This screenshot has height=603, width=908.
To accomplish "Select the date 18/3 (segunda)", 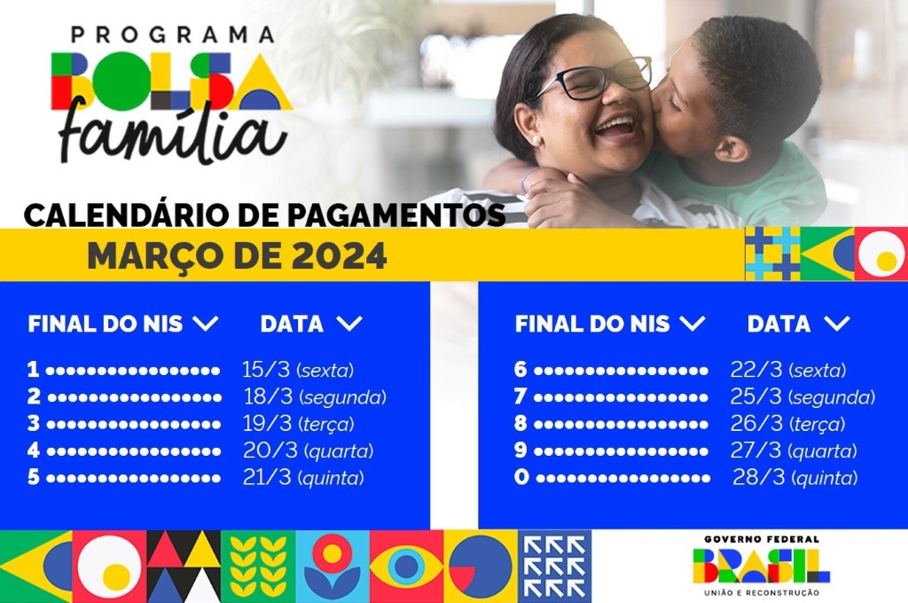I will [315, 396].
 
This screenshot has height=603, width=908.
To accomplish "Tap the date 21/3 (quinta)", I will [302, 477].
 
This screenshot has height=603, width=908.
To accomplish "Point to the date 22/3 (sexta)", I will [787, 370].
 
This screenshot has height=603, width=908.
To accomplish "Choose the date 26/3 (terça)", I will [787, 423].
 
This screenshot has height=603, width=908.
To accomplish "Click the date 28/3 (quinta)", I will [794, 477].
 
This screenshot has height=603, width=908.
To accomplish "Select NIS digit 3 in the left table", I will [34, 424].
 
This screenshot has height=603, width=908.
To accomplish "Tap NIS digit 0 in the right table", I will [521, 477].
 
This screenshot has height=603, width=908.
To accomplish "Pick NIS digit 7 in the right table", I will [521, 396].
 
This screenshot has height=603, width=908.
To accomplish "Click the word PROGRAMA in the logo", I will [173, 35].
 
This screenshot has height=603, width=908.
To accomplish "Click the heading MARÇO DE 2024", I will [237, 256].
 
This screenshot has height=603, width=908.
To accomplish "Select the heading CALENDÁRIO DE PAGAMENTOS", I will [264, 215].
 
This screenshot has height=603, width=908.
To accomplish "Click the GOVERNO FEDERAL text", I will [762, 538].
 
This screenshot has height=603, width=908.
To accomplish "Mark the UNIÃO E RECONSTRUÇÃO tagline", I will [762, 592].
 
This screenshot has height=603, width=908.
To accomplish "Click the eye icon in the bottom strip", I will [406, 566].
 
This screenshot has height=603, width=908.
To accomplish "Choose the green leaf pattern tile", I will [258, 566].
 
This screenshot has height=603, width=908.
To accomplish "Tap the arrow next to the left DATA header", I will [349, 324].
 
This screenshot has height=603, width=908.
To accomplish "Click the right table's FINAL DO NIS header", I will [592, 324].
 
